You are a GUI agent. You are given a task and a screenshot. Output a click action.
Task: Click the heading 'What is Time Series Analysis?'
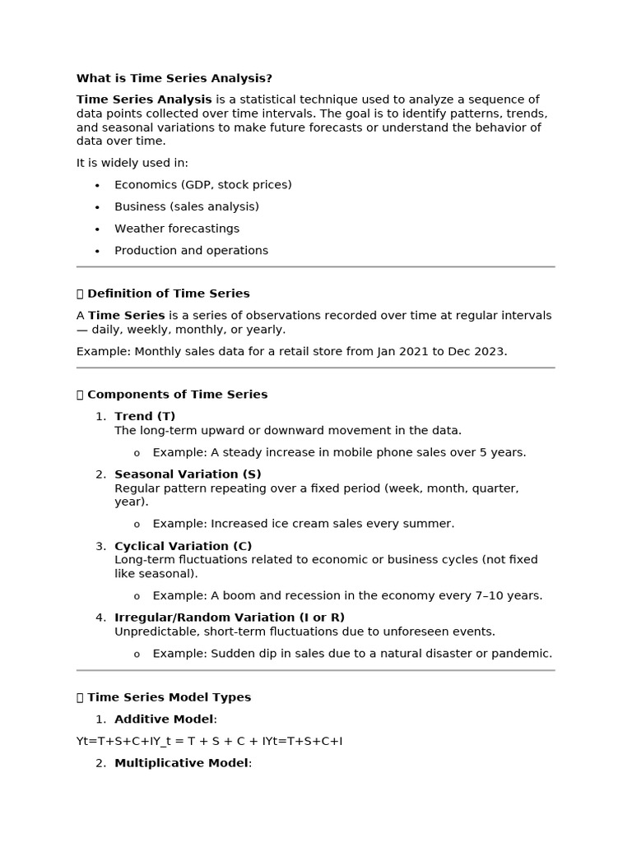[x=174, y=78]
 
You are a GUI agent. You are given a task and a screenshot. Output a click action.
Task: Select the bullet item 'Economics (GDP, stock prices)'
[x=202, y=185]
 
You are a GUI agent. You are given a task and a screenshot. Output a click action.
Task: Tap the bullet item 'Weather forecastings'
[x=176, y=229]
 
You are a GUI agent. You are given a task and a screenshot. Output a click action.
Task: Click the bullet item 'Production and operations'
[x=191, y=251]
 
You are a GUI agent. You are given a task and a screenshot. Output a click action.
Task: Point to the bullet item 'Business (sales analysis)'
[x=186, y=206]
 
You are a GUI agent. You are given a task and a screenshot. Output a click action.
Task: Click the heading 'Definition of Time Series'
[x=168, y=294]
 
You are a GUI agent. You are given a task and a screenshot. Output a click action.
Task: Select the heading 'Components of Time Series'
[x=177, y=395]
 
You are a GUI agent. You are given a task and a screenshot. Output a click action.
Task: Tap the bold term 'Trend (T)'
[x=145, y=416]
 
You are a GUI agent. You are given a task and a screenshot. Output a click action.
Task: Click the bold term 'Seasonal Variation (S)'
[x=188, y=474]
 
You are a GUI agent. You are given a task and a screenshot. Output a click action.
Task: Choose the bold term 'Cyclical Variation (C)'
[x=183, y=546]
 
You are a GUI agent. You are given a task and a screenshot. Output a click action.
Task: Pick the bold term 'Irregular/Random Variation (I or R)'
[x=230, y=618]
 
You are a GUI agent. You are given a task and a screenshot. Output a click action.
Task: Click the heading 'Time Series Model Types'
[x=169, y=697]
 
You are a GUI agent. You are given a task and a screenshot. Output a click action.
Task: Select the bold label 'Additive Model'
[x=164, y=719]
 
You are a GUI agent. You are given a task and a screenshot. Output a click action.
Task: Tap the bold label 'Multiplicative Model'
[x=181, y=763]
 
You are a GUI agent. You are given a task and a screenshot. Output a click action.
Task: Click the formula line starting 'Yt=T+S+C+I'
[x=209, y=742]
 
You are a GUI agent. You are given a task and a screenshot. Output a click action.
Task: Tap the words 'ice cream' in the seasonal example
[x=300, y=524]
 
